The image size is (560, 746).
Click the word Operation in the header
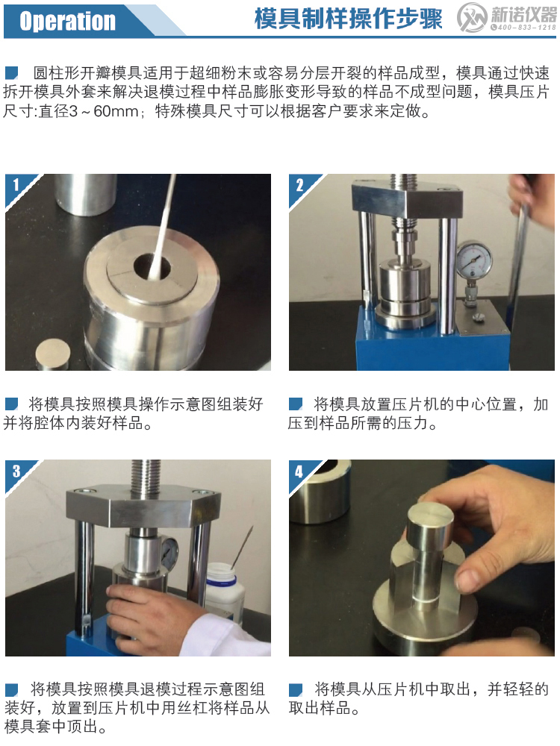[67, 21]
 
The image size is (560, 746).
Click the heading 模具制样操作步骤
[348, 20]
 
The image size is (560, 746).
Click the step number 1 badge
[15, 184]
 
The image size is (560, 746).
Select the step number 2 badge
[299, 184]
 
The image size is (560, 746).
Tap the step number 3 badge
[15, 470]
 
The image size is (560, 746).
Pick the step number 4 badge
[299, 471]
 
